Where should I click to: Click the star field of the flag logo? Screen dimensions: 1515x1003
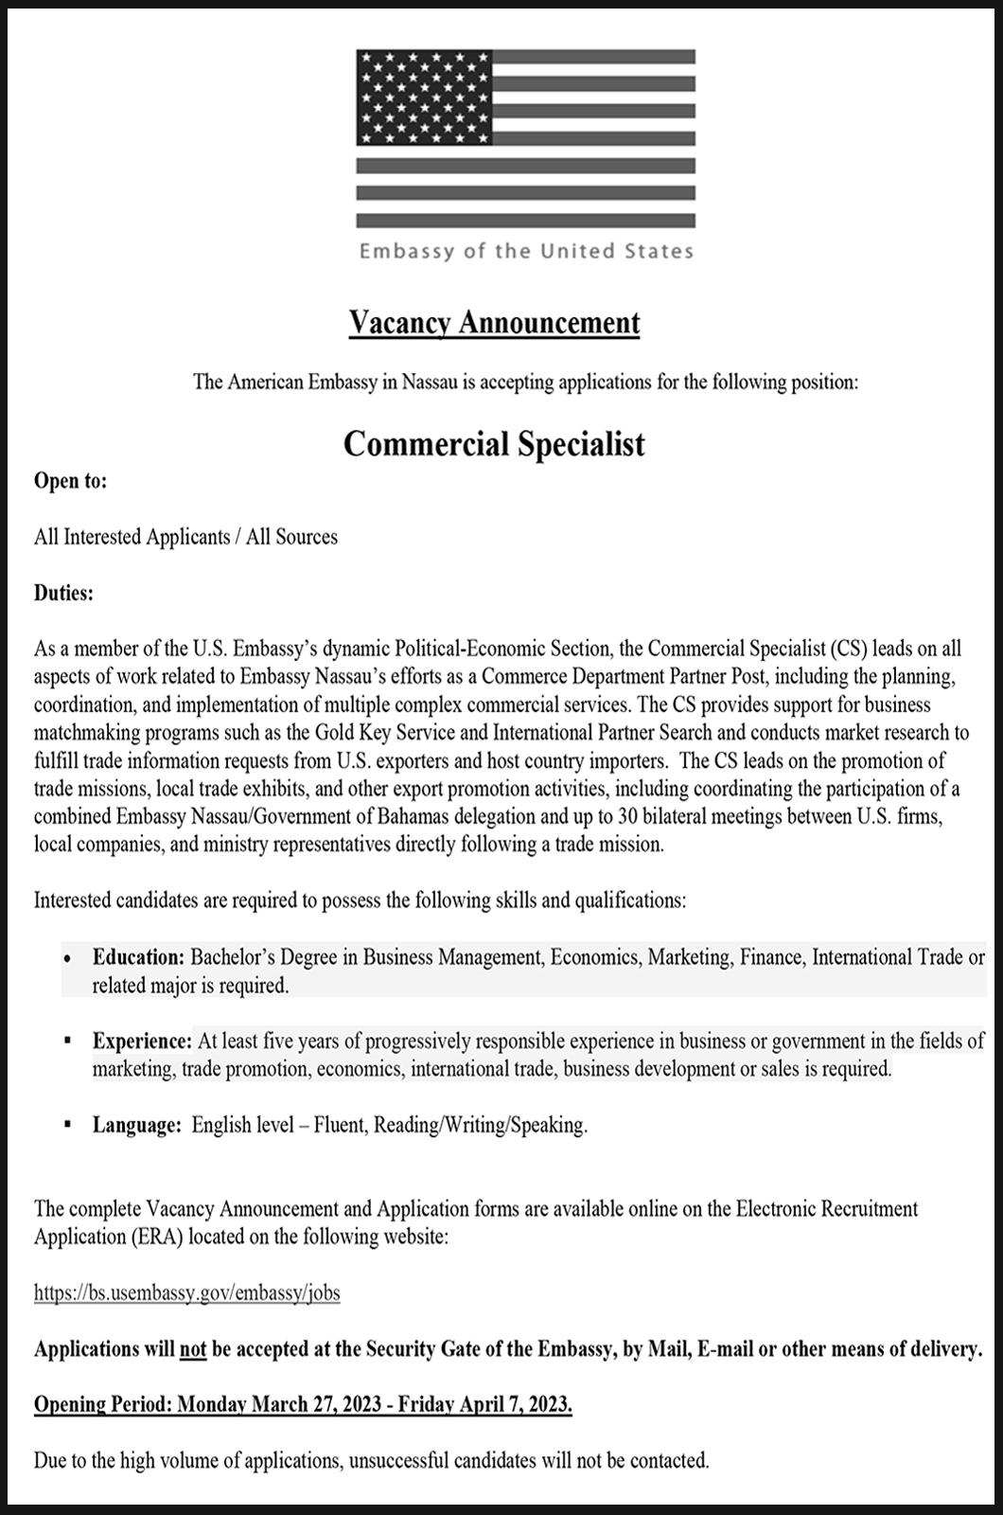click(x=424, y=97)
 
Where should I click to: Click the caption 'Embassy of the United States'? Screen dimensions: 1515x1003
click(x=526, y=252)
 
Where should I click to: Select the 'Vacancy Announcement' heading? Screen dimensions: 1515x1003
click(x=494, y=323)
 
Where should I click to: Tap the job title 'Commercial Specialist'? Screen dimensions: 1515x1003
click(x=494, y=444)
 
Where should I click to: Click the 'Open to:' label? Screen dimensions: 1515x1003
click(x=70, y=481)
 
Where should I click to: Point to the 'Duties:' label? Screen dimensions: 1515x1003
click(x=63, y=594)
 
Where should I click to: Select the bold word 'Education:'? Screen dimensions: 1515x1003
click(x=137, y=957)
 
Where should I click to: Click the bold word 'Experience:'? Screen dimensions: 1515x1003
click(x=142, y=1042)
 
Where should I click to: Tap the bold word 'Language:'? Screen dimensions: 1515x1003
click(x=136, y=1126)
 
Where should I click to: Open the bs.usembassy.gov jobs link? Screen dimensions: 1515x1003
click(x=186, y=1293)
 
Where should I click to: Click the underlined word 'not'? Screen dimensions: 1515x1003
click(x=193, y=1349)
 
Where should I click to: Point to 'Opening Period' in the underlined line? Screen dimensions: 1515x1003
click(x=101, y=1405)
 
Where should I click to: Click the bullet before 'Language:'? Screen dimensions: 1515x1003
click(x=67, y=1125)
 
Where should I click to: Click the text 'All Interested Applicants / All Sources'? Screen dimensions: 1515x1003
click(x=185, y=538)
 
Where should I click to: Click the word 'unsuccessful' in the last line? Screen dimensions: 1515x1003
click(x=399, y=1461)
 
